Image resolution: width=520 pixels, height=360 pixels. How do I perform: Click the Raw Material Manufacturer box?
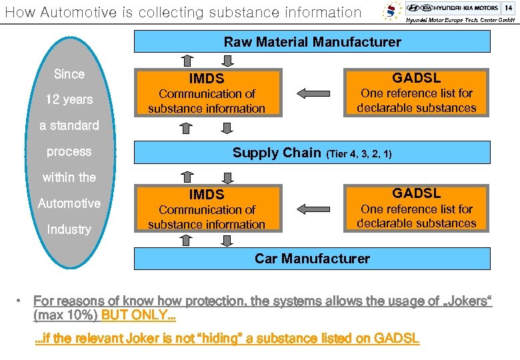click(312, 42)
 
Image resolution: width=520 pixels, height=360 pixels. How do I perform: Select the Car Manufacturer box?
click(312, 259)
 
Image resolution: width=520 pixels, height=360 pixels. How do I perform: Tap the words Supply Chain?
click(277, 153)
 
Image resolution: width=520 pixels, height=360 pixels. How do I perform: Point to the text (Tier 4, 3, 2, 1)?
click(358, 154)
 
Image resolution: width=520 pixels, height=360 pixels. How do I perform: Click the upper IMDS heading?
click(207, 79)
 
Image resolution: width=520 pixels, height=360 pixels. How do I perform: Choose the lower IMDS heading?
click(207, 195)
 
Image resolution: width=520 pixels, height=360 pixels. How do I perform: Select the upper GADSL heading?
click(416, 78)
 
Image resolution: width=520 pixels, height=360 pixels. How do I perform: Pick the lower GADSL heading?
click(416, 193)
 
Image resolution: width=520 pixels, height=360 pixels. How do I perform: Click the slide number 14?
click(508, 7)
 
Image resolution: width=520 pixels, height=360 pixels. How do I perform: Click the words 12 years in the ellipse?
click(69, 100)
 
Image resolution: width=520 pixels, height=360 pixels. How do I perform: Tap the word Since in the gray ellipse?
click(69, 74)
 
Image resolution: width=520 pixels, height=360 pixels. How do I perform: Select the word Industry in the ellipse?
click(69, 229)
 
